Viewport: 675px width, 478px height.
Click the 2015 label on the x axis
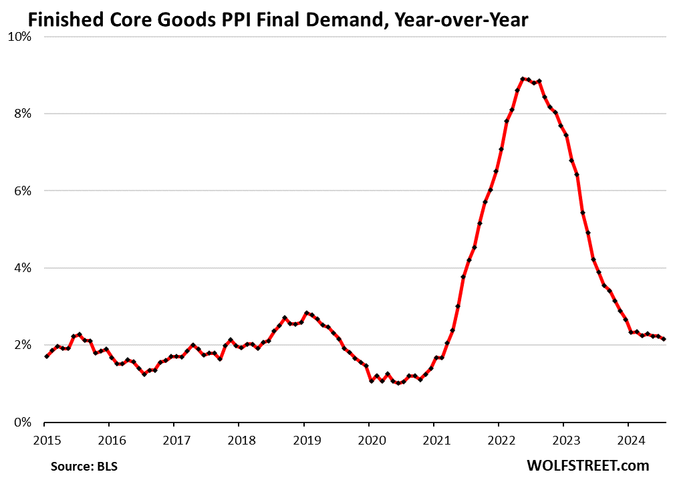(x=44, y=441)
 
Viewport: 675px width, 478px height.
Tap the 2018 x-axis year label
(x=239, y=441)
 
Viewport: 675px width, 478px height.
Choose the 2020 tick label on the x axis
(x=369, y=441)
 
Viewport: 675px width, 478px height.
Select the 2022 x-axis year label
(x=499, y=441)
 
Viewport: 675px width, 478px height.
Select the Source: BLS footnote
(x=79, y=465)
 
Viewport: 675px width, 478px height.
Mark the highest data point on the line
(x=523, y=79)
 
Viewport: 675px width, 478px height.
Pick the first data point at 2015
(x=45, y=356)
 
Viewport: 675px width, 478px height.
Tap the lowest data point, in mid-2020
(x=398, y=383)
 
